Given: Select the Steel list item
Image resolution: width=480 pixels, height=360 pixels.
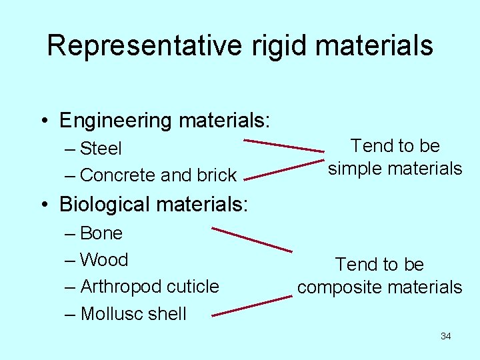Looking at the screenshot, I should pyautogui.click(x=100, y=148).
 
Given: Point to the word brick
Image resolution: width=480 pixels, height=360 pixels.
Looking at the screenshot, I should pyautogui.click(x=216, y=175).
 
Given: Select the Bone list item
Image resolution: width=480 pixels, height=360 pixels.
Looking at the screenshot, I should pyautogui.click(x=101, y=233).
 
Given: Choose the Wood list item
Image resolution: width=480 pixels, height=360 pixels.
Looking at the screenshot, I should pyautogui.click(x=103, y=260).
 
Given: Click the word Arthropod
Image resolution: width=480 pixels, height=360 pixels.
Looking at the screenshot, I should pyautogui.click(x=121, y=287).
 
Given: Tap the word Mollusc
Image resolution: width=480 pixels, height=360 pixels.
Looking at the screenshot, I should pyautogui.click(x=111, y=314).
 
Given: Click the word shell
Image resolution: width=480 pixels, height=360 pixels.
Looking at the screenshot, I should pyautogui.click(x=167, y=314).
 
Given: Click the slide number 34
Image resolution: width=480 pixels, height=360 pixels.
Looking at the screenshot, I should pyautogui.click(x=445, y=336).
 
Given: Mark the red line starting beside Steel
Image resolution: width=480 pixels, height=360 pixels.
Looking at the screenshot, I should pyautogui.click(x=283, y=146).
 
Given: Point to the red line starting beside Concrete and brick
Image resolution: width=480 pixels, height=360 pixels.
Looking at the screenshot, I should pyautogui.click(x=283, y=169).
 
